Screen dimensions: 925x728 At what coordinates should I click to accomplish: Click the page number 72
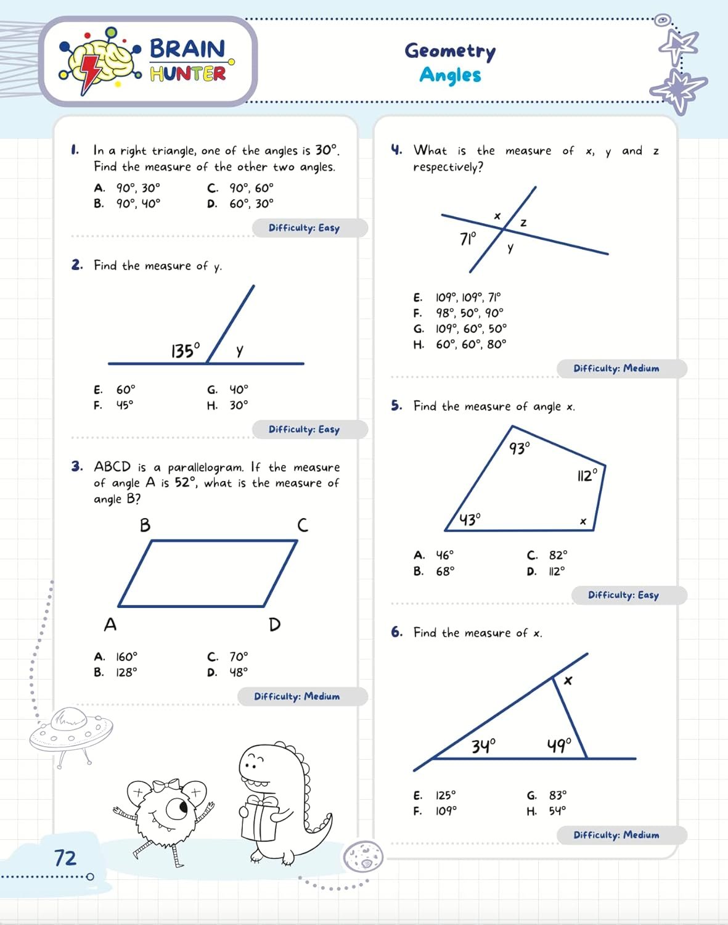point(65,858)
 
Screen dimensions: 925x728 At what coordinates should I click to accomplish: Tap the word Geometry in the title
point(450,51)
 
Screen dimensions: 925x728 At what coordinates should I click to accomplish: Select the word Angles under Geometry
point(450,75)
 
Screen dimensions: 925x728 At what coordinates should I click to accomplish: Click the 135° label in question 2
point(186,350)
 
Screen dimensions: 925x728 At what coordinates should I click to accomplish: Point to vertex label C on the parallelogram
point(302,525)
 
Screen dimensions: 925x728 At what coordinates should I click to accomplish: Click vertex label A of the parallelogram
point(110,625)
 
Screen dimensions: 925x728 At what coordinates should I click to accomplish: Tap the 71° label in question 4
point(468,238)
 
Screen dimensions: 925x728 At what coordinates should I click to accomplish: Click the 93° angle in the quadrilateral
point(519,448)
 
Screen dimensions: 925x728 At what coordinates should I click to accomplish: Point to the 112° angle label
point(587,475)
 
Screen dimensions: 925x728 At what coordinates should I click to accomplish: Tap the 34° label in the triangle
point(483,746)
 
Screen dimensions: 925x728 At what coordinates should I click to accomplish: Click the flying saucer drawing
point(70,731)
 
